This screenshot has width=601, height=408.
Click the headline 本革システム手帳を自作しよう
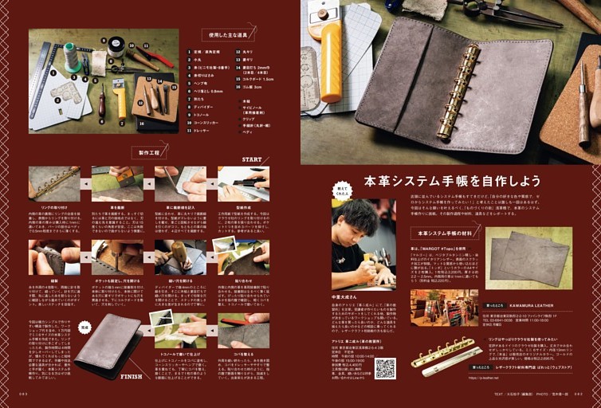(452, 180)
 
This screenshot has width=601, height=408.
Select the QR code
(385, 367)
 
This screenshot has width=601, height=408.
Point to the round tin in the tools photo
(116, 45)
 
